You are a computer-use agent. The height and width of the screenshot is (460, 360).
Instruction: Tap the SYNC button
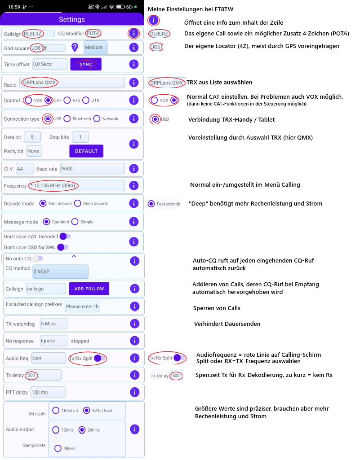coord(86,64)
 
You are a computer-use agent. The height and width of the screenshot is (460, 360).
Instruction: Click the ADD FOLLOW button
coord(89,289)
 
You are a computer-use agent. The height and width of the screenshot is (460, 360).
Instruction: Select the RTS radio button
coord(67,101)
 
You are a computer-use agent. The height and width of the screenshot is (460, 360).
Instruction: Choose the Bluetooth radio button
coord(67,118)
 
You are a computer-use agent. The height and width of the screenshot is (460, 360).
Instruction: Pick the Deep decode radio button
coord(78,203)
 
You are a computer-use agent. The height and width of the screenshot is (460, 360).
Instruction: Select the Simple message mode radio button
coord(75,222)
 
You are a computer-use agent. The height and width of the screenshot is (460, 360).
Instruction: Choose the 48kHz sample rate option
coord(58,448)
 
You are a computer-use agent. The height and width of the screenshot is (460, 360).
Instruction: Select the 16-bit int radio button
coord(56,410)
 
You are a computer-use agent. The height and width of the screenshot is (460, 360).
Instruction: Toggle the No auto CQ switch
coord(38,258)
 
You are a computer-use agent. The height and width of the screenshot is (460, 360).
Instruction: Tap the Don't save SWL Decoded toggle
coord(65,236)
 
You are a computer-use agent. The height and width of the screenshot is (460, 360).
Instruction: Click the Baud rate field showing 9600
coord(92,169)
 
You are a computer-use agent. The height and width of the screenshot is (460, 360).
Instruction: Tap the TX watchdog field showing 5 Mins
coord(54,324)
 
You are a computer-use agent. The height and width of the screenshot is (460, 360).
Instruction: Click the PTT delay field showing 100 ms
coord(48,392)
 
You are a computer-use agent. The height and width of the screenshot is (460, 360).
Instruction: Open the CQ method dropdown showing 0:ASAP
coord(60,272)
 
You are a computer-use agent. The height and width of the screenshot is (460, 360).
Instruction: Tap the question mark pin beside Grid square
coord(75,47)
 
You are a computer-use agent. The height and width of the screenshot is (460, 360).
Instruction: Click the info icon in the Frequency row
coord(134,185)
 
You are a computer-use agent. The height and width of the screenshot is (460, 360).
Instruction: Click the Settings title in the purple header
coord(72,19)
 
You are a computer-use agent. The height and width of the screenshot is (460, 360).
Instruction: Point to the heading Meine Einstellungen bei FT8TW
coord(191,9)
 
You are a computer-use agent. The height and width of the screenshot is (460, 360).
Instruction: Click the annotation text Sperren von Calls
coord(217,308)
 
